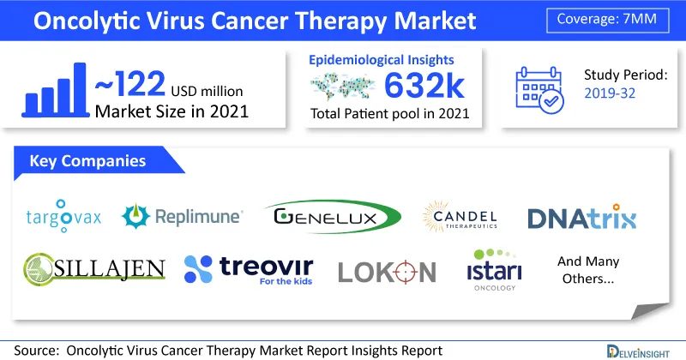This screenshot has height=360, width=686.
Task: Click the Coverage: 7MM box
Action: tap(608, 20)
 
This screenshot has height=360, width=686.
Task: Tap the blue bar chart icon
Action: tap(55, 90)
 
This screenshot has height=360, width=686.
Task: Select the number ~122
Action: tap(130, 84)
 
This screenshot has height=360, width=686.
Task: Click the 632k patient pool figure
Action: tap(424, 87)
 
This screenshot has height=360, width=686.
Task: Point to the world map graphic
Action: tap(342, 86)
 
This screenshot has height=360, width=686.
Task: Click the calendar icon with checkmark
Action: tap(539, 90)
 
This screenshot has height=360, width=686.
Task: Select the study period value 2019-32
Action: tap(610, 93)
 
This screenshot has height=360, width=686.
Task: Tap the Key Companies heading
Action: tap(87, 161)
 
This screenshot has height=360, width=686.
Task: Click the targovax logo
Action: tap(63, 216)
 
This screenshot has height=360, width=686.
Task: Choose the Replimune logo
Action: tap(182, 216)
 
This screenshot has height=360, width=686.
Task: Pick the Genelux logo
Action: tap(333, 217)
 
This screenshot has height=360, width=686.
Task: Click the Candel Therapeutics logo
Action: tap(460, 217)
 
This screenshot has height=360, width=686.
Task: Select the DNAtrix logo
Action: tap(582, 217)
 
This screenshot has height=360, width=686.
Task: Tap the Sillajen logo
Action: tap(94, 268)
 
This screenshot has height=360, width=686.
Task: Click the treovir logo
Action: tap(249, 269)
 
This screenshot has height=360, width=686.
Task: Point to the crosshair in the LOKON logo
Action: tap(405, 272)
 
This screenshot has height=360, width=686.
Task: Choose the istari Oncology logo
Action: tap(495, 270)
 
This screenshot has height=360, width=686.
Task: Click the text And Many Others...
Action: tap(588, 270)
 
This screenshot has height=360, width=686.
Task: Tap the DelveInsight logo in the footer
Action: tap(638, 351)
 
